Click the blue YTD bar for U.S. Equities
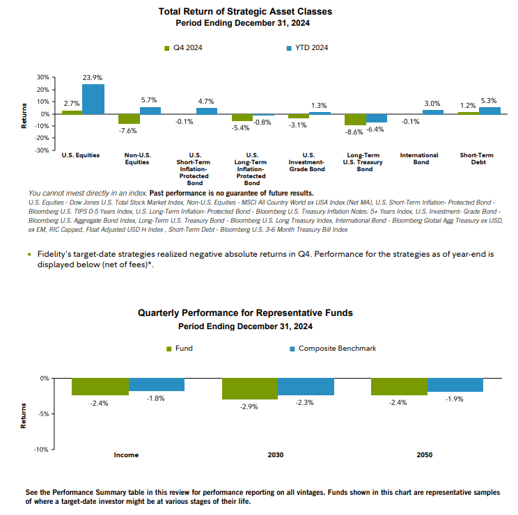coord(93,99)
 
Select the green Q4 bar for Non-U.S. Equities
coord(128,118)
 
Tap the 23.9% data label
coord(93,78)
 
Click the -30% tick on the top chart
coord(41,150)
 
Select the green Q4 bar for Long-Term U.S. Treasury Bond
coord(355,119)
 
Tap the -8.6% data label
coord(354,131)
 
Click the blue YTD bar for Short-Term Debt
coord(490,111)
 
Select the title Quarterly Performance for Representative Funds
coord(245,313)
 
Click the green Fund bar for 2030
coord(250,388)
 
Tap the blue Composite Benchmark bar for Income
coord(157,384)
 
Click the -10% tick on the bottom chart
coord(41,450)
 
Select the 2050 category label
coord(425,455)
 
